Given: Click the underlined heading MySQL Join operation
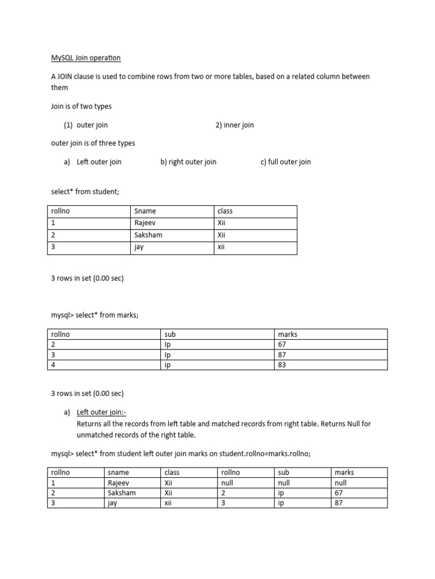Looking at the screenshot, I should click(x=86, y=58).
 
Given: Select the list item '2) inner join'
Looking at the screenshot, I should click(x=234, y=125).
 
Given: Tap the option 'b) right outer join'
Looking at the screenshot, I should click(x=188, y=162).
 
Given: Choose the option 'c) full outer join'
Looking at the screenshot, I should click(x=285, y=162).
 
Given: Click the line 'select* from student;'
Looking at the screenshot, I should click(x=86, y=192).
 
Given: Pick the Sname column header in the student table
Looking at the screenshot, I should click(x=144, y=211).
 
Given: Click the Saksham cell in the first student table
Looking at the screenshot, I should click(x=148, y=235).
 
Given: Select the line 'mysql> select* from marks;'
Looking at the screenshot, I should click(x=95, y=315).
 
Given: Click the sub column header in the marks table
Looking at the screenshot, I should click(x=170, y=334).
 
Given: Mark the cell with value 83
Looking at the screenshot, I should click(x=283, y=365).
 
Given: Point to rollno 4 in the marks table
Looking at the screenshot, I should click(x=53, y=365).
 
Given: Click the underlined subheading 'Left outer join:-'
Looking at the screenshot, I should click(x=106, y=412).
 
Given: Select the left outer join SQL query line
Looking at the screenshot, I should click(x=181, y=453).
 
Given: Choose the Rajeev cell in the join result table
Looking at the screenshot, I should click(x=118, y=483).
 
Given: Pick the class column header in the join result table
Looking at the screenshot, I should click(x=172, y=472).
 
